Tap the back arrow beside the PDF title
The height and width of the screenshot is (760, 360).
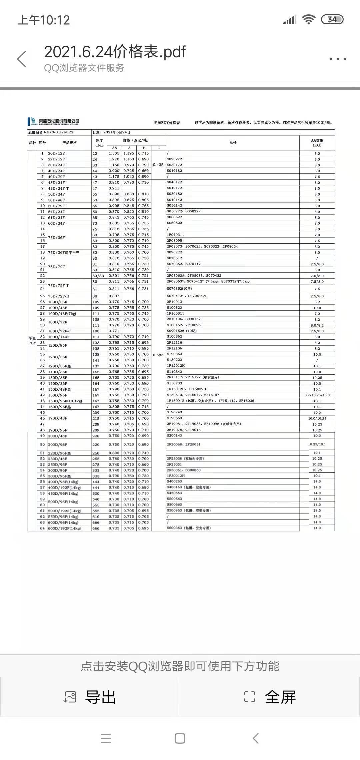click(22, 59)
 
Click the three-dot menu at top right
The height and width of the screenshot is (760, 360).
click(338, 59)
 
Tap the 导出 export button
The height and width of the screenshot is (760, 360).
click(90, 697)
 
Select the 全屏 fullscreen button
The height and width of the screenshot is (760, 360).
click(270, 697)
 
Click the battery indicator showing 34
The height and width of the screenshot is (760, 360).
click(332, 20)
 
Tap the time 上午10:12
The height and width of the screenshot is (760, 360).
click(44, 20)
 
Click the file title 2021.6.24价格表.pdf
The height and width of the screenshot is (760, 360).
click(115, 52)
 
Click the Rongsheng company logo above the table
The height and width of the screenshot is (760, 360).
click(54, 122)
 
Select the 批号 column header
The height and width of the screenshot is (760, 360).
click(233, 143)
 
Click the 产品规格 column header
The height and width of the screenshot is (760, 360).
click(69, 143)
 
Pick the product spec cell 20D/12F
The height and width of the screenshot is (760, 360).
click(57, 153)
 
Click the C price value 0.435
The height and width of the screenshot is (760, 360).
click(158, 165)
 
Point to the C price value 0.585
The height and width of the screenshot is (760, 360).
click(158, 355)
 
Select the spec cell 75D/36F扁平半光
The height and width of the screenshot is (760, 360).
click(64, 253)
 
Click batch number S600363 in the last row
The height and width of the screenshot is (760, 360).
click(175, 528)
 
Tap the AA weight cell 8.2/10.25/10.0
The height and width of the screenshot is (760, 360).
click(317, 395)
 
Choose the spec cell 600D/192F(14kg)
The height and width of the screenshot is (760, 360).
click(64, 528)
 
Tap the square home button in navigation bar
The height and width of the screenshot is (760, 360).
click(180, 738)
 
